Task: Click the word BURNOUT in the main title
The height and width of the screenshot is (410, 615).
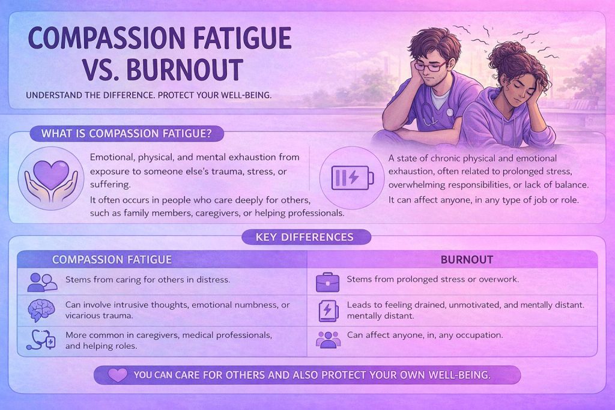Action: (185, 70)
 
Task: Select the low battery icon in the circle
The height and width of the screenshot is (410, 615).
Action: (352, 178)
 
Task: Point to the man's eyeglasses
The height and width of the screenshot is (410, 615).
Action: (431, 65)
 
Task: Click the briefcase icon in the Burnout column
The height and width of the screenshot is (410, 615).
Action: (327, 282)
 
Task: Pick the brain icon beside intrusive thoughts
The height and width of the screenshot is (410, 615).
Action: (41, 310)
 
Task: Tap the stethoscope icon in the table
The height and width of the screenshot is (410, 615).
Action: (41, 339)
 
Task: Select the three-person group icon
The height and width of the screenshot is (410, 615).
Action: (329, 340)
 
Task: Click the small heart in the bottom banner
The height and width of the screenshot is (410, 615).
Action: (118, 375)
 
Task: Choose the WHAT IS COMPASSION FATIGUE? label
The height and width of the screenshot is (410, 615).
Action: (127, 134)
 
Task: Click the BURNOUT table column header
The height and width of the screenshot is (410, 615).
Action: (467, 259)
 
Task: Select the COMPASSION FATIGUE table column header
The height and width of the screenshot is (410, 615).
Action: (112, 259)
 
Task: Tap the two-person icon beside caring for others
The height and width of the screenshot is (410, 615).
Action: (43, 282)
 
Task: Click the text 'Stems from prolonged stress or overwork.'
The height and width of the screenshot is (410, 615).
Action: (432, 280)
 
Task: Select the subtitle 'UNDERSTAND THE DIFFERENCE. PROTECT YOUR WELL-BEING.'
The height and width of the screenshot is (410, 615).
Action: (149, 95)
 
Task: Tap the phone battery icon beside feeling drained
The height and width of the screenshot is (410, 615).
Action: (328, 311)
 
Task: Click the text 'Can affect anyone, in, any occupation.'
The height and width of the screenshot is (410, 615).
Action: (425, 336)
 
